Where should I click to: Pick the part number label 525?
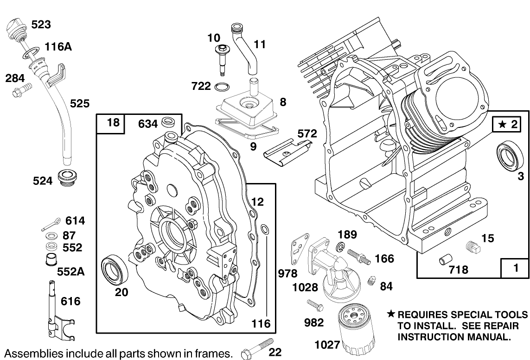coord(80,103)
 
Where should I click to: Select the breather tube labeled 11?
coord(245,48)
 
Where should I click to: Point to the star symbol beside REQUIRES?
coord(391,314)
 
